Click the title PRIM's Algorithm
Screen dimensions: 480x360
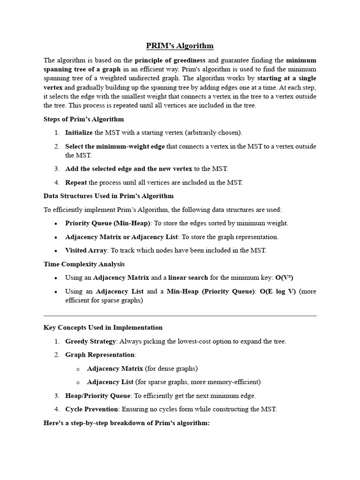click(180, 45)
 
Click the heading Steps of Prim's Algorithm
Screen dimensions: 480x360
click(83, 119)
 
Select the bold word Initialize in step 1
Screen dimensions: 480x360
click(79, 133)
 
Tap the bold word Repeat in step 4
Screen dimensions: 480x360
click(76, 182)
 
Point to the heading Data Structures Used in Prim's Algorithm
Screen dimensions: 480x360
click(108, 196)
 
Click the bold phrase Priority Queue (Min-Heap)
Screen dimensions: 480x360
click(108, 223)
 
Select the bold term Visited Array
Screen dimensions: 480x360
click(86, 250)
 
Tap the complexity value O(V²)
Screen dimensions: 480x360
click(284, 277)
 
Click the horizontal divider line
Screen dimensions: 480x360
click(180, 316)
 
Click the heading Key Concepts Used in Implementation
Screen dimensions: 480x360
click(103, 328)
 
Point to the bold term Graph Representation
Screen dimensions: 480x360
click(100, 355)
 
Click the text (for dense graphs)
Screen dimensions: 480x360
click(172, 368)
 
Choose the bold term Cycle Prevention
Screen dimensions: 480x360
click(91, 409)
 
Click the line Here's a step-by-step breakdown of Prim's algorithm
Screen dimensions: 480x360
click(127, 423)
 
